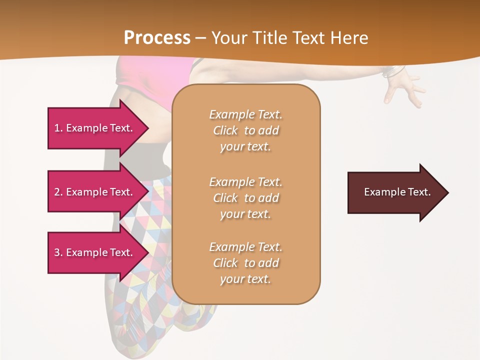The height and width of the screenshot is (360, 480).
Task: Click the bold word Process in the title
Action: [157, 38]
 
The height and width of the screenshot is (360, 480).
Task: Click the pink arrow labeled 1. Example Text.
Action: [95, 128]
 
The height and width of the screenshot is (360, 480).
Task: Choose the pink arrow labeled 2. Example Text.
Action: [95, 192]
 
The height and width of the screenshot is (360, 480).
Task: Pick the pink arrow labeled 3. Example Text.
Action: [95, 252]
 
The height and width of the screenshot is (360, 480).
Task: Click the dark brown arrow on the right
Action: [395, 192]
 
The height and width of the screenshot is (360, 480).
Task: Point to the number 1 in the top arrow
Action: [57, 128]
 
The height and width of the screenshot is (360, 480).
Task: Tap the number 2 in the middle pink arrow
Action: [57, 192]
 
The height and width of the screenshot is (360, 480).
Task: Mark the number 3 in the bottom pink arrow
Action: [57, 252]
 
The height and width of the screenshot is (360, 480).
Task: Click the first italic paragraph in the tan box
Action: [245, 130]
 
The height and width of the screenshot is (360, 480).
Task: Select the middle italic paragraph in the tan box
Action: [245, 198]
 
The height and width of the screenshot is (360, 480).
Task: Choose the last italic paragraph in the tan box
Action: [245, 263]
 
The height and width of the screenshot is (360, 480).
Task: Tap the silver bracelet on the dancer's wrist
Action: [392, 72]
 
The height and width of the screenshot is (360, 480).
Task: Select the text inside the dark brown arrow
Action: [397, 192]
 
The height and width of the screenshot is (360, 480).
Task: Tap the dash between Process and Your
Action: [201, 38]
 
